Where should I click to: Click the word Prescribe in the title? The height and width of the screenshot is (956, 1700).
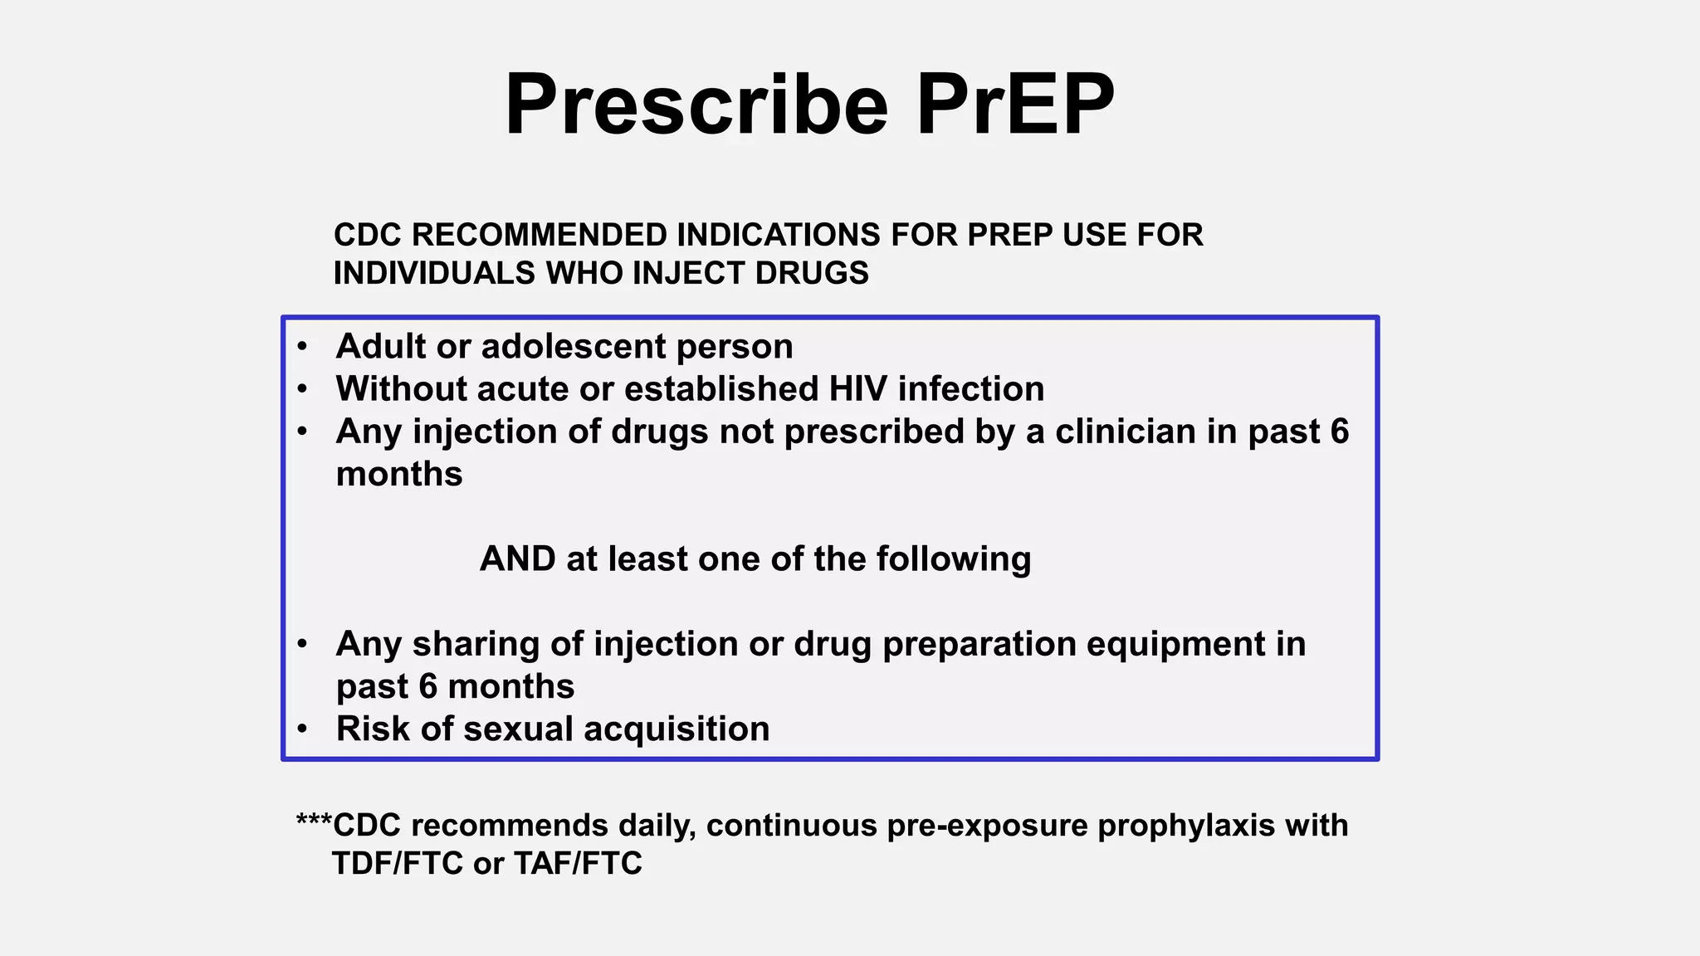(x=696, y=105)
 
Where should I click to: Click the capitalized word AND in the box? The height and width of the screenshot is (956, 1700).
(x=517, y=559)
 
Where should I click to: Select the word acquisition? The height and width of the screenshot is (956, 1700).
(x=677, y=729)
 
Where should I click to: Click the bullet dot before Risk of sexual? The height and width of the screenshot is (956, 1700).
(x=303, y=729)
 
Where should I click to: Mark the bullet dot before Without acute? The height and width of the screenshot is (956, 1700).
(x=303, y=389)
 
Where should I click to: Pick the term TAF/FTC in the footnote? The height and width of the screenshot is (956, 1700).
(x=578, y=864)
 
